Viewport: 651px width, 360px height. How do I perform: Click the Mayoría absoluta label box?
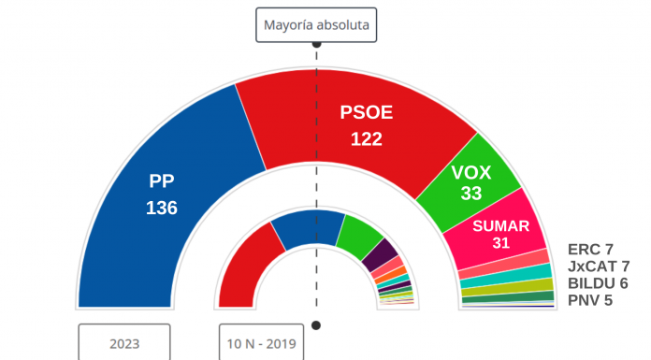point(316,25)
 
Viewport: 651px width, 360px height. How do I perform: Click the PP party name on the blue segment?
point(162,181)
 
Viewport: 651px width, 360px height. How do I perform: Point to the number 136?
point(162,208)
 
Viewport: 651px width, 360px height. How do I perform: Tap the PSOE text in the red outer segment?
point(366,113)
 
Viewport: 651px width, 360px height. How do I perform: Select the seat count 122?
point(366,139)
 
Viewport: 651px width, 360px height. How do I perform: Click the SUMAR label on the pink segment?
point(501,225)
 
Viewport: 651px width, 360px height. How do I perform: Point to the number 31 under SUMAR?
point(501,243)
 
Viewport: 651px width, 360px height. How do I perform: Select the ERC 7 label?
point(590,250)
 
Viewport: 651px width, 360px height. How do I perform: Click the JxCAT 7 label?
point(599,266)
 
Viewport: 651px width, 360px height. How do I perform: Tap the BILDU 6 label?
point(597,283)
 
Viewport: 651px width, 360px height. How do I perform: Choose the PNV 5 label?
point(590,300)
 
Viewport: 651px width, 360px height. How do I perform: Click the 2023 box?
point(123,343)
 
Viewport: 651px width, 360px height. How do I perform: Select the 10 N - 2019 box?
point(261,343)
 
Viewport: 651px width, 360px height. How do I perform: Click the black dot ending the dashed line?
point(316,325)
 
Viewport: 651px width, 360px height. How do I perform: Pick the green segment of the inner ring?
point(357,237)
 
